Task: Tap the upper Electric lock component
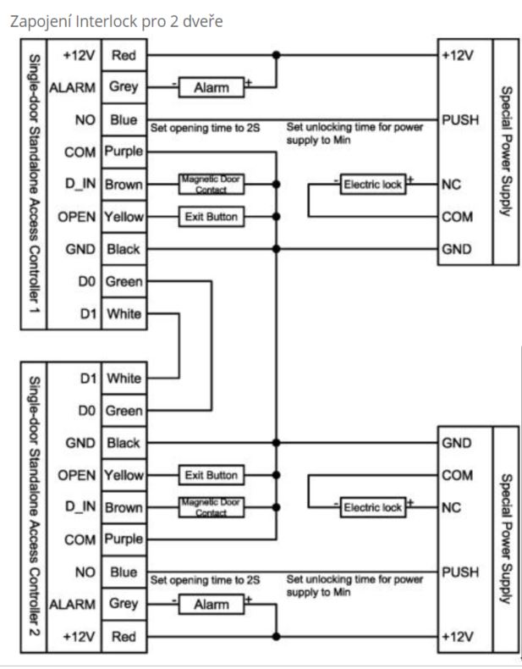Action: click(x=372, y=184)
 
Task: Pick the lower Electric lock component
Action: click(x=372, y=507)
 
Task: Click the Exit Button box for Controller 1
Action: click(x=211, y=218)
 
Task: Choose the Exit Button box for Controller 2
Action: click(x=211, y=474)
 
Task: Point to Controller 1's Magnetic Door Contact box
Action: click(x=211, y=184)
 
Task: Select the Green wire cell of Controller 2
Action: click(x=124, y=411)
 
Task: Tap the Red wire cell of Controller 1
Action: click(x=124, y=56)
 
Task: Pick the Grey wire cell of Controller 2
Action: click(x=124, y=605)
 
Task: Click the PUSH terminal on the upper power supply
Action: click(x=460, y=120)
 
